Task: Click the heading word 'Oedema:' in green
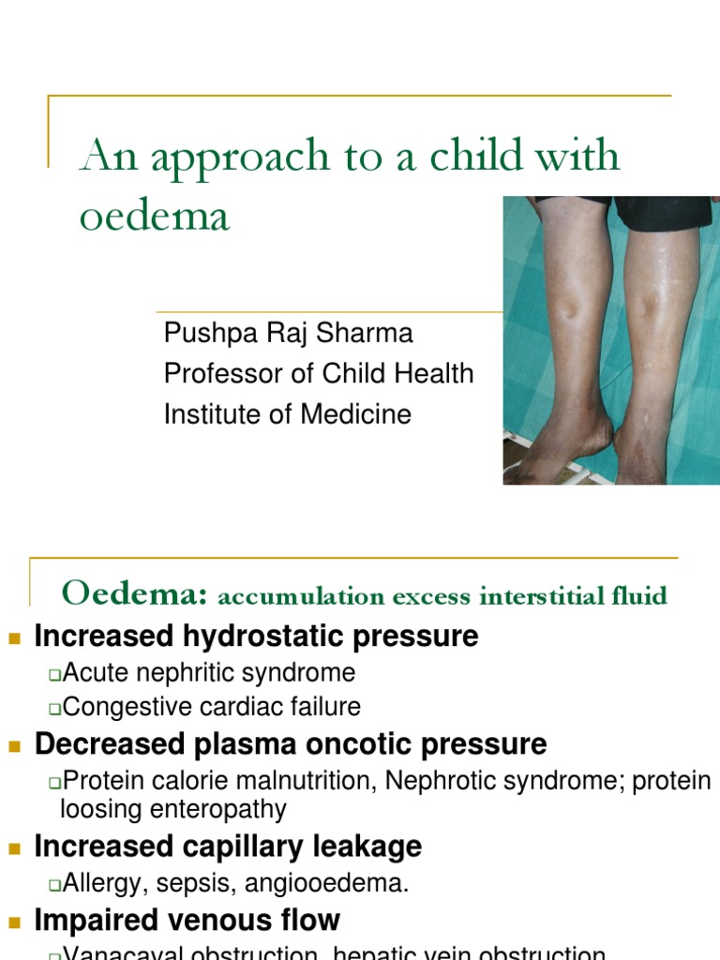coord(134,593)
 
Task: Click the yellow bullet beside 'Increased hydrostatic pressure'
coord(14,638)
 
